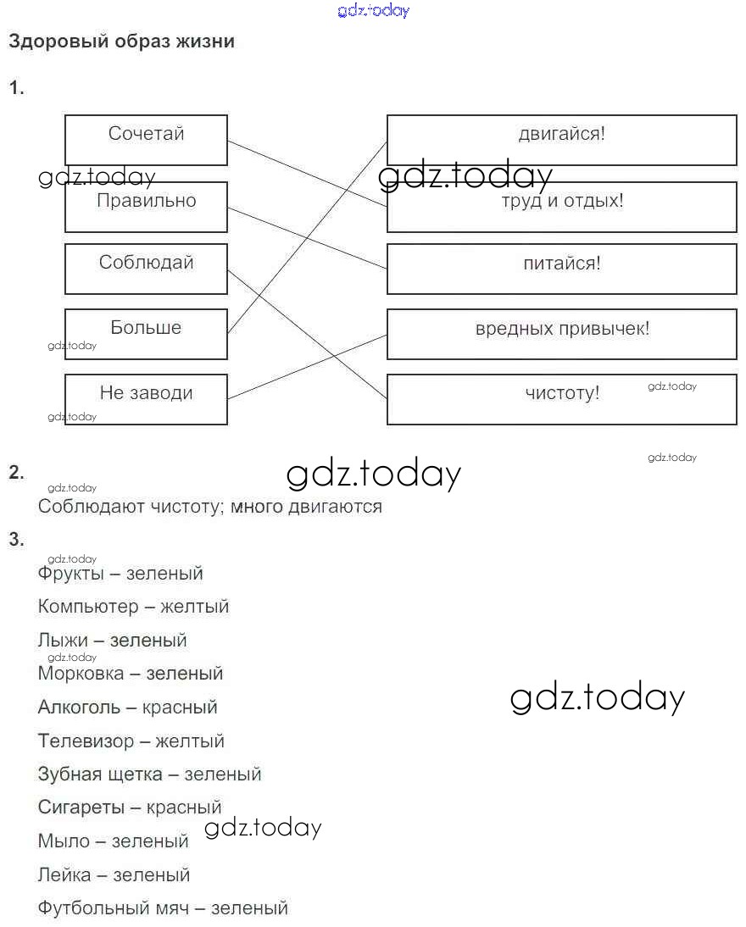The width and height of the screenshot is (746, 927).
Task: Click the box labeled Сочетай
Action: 146,140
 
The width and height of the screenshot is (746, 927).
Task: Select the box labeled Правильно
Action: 146,206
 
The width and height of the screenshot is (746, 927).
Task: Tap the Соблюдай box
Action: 146,269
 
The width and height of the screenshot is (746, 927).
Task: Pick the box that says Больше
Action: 146,334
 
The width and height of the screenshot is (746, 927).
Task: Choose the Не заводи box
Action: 146,399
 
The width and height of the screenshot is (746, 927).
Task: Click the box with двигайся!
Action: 561,140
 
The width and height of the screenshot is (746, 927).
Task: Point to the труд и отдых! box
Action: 561,206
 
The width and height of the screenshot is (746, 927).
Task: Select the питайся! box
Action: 561,269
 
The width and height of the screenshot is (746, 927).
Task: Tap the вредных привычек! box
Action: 561,334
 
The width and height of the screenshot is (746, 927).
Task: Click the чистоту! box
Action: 561,399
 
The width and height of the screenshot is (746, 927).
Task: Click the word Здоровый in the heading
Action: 56,41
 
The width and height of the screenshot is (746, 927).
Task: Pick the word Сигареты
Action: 81,808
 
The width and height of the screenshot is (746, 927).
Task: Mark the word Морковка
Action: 81,674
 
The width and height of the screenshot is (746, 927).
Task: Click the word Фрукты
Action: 70,573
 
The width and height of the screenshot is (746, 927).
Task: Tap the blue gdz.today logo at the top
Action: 373,10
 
